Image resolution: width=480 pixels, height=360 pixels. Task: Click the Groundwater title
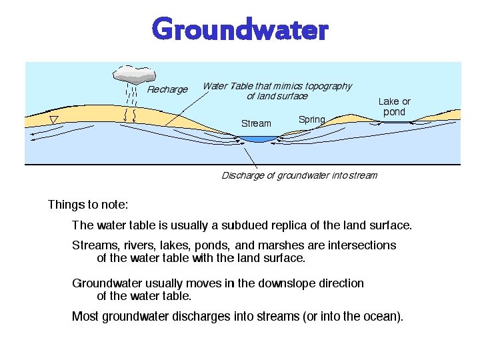click(x=240, y=30)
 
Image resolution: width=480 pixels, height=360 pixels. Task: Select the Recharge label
click(x=167, y=89)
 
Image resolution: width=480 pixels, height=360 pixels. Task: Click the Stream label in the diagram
click(x=256, y=123)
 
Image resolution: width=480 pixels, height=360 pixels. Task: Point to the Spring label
click(x=311, y=120)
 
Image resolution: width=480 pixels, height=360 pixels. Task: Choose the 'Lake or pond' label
click(x=394, y=107)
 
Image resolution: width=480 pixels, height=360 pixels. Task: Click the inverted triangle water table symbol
click(x=55, y=119)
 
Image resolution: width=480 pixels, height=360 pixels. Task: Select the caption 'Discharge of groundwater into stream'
click(x=299, y=176)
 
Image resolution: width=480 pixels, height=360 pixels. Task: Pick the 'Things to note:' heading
click(x=88, y=205)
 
